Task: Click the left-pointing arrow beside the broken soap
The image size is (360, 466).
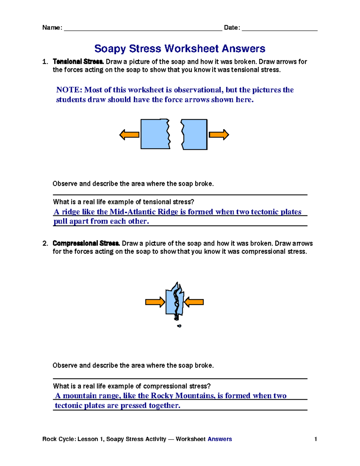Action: point(129,135)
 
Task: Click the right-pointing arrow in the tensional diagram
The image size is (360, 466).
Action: point(219,135)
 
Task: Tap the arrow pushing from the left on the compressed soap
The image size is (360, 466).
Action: point(155,302)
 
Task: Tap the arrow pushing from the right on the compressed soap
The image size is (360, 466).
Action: point(194,302)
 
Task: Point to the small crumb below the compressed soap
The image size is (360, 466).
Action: point(179,326)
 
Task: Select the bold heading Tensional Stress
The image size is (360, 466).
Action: point(78,62)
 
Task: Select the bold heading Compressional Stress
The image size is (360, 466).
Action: point(86,243)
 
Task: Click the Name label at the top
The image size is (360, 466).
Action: point(52,28)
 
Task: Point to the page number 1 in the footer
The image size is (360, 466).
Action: point(316,439)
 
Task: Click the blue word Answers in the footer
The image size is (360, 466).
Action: point(220,439)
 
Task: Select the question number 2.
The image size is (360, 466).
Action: point(45,243)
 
